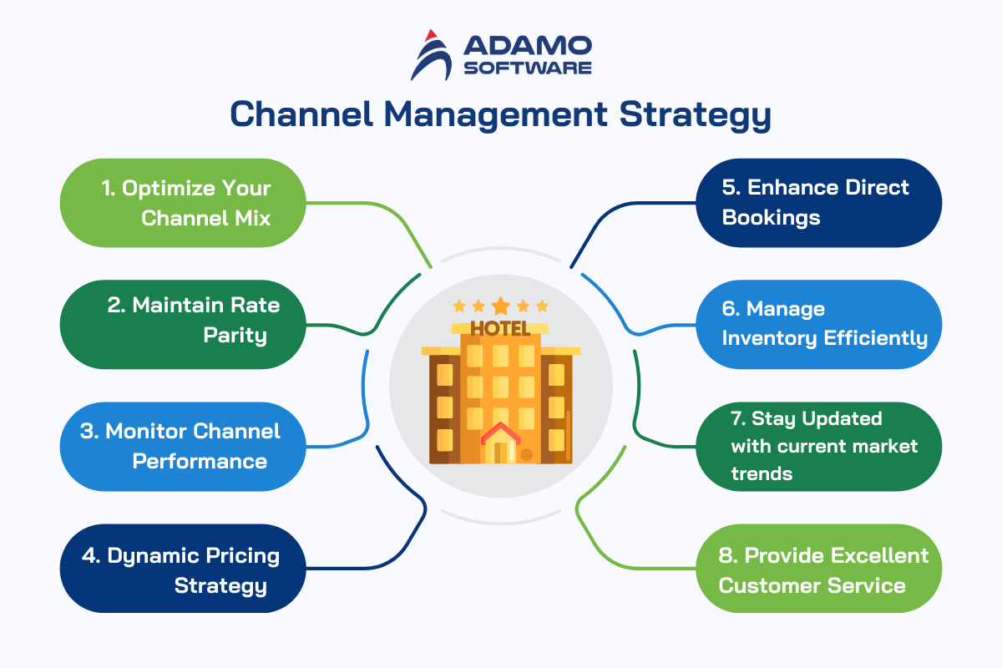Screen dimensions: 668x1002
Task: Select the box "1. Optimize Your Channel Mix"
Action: (182, 203)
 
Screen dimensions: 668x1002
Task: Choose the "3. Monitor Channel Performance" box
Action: (182, 447)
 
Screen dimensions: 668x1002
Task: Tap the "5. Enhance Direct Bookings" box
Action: (818, 203)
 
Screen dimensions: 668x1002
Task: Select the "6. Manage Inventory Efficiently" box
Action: (818, 324)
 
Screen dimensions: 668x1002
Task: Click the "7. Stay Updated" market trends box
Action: (818, 447)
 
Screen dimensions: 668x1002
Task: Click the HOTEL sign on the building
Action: (500, 328)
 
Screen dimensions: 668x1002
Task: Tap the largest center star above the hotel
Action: (500, 306)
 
